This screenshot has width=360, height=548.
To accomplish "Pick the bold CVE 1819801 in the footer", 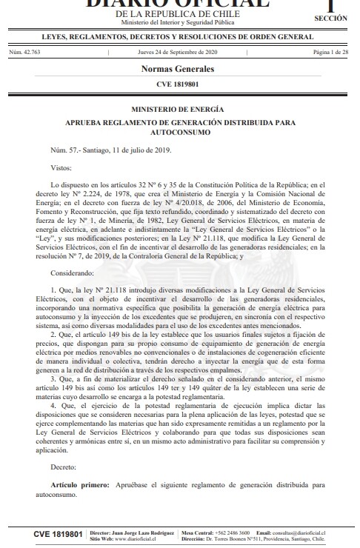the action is pyautogui.click(x=58, y=533).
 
